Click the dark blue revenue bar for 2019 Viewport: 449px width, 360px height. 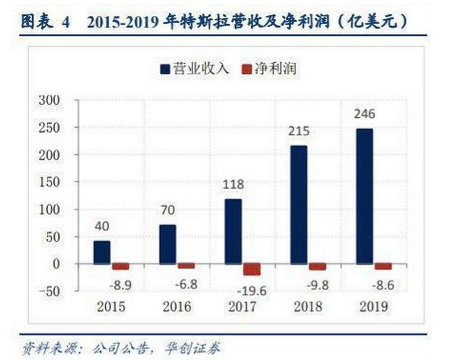point(364,196)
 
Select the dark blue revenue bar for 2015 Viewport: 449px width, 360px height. point(102,252)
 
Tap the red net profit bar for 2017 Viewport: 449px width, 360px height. point(251,269)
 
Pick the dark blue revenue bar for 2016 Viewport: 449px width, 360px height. point(168,244)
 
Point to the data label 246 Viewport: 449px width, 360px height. point(365,114)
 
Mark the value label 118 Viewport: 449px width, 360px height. point(232,185)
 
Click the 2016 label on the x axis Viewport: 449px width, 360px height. point(177,307)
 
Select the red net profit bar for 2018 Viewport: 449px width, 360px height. point(318,266)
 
